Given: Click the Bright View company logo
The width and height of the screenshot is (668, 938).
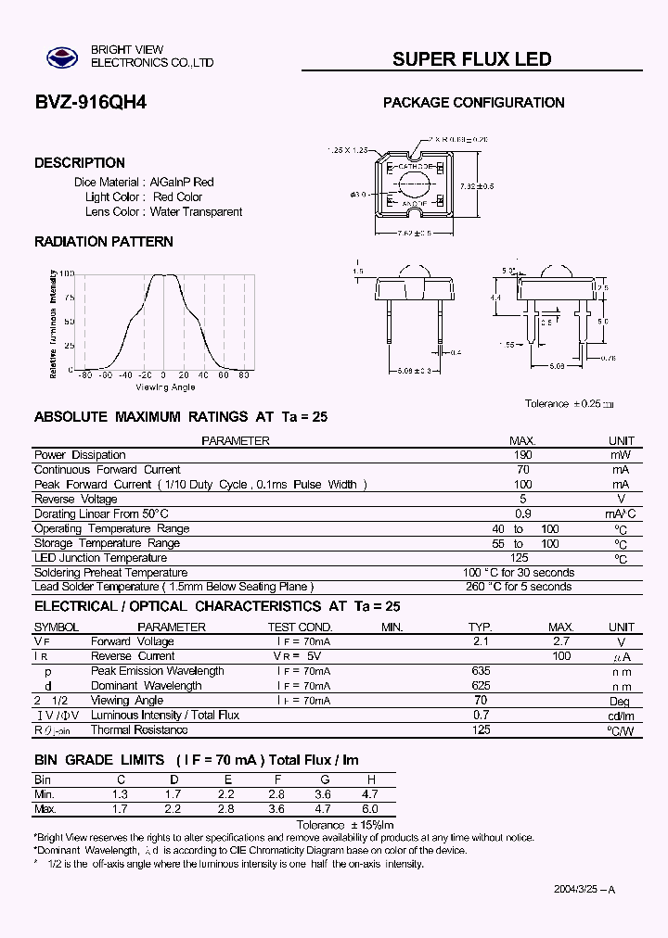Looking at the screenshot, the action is coord(64,57).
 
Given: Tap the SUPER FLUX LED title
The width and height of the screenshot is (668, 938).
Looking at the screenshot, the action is coord(471,59).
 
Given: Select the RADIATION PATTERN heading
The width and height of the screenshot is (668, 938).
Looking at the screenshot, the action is coord(104,242).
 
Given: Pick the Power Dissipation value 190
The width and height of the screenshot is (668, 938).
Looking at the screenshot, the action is coord(522,455).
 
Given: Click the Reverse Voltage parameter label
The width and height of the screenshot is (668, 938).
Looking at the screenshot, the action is coord(75,499).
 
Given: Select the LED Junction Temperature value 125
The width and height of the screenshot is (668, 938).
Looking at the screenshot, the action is coord(520,558).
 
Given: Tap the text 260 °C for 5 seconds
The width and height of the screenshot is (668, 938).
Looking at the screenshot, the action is coord(518,587).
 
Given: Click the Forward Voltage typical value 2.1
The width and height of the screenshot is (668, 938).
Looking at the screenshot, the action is coord(481,641).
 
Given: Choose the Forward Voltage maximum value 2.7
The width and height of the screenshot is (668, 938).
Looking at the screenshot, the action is coord(560,641).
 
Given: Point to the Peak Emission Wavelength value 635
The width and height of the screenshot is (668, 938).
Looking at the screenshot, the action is coord(481,671).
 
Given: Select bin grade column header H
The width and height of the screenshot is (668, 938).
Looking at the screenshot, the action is coord(371,780).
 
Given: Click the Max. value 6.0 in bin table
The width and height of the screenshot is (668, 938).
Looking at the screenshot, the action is coord(371,809).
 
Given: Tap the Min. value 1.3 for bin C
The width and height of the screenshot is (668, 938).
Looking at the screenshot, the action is coord(120,795).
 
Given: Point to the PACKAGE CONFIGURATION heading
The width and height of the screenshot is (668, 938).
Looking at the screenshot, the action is coord(473,103).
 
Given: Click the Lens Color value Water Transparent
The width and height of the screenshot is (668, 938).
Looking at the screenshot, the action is coord(196,211).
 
